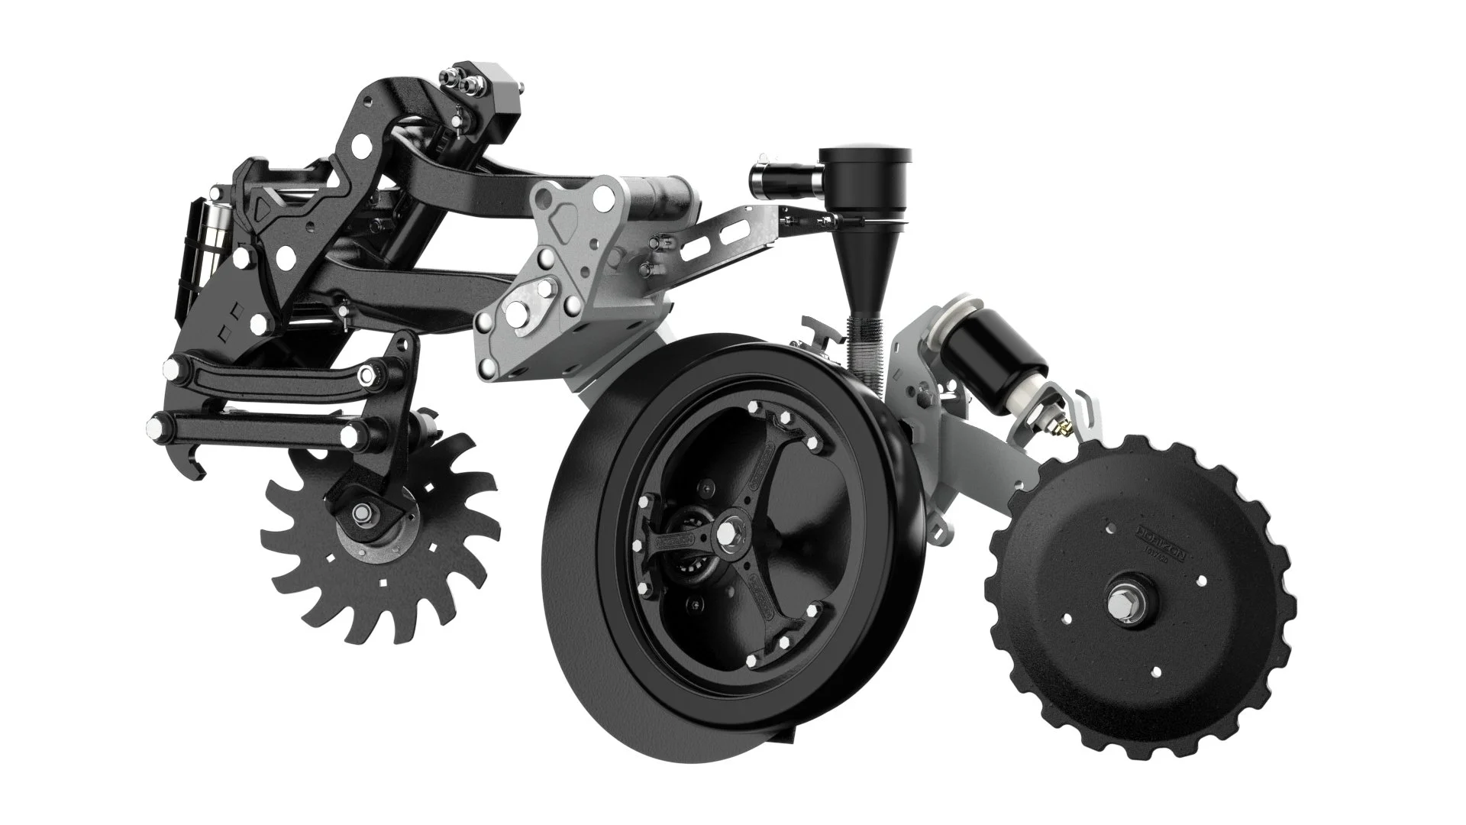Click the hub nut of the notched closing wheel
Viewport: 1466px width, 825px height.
coord(1125,603)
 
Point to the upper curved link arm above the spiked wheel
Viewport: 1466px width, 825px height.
coord(271,373)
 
